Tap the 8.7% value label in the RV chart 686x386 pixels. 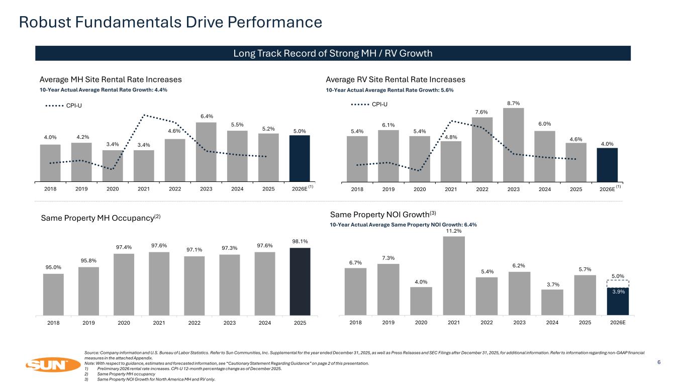click(514, 103)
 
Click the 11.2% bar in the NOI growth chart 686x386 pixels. click(454, 275)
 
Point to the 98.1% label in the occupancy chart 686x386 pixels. click(300, 241)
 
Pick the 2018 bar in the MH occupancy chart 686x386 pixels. click(53, 295)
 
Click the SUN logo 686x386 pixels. click(49, 364)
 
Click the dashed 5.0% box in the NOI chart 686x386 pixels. click(618, 283)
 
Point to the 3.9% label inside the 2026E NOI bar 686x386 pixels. click(618, 293)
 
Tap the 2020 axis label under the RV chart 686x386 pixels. click(420, 189)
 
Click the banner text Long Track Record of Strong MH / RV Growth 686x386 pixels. click(333, 53)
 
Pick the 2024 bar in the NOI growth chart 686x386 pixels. click(552, 302)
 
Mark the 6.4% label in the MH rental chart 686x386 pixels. click(206, 116)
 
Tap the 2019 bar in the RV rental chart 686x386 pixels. click(388, 155)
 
